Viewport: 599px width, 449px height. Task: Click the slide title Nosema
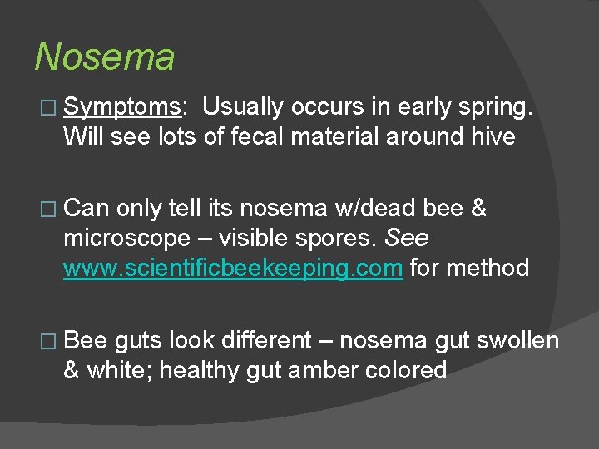105,57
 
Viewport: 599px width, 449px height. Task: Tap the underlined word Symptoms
122,107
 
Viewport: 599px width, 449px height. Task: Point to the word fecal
241,136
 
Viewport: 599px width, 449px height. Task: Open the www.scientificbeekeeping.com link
233,268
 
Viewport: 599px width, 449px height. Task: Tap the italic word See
407,238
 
